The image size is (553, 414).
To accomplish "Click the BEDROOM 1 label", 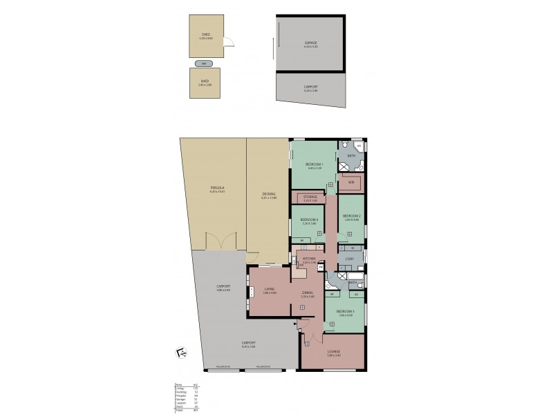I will (x=315, y=164).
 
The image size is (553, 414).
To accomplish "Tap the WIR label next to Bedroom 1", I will (x=351, y=182).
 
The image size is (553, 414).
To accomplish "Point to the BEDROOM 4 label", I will (x=308, y=221).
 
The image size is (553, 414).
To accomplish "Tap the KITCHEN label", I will (x=309, y=259).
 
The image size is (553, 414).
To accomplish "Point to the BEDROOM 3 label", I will (x=346, y=311).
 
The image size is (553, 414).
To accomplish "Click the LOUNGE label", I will (x=334, y=351).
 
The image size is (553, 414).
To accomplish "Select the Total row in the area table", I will (x=184, y=411).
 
